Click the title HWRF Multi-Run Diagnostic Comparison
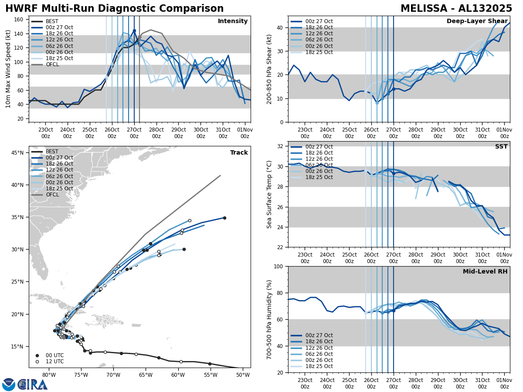pyautogui.click(x=114, y=9)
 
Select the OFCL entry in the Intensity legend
pyautogui.click(x=52, y=64)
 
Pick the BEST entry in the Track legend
pyautogui.click(x=52, y=152)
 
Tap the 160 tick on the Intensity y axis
pyautogui.click(x=20, y=20)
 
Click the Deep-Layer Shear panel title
pyautogui.click(x=477, y=21)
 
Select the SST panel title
pyautogui.click(x=501, y=147)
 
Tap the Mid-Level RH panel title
pyautogui.click(x=485, y=272)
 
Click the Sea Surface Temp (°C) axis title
pyautogui.click(x=269, y=194)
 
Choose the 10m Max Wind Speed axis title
pyautogui.click(x=8, y=69)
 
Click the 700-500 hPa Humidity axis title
pyautogui.click(x=269, y=319)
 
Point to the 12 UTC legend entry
pyautogui.click(x=54, y=362)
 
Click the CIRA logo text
pyautogui.click(x=33, y=385)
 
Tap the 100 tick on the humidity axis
pyautogui.click(x=278, y=267)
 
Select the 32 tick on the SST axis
pyautogui.click(x=280, y=146)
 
